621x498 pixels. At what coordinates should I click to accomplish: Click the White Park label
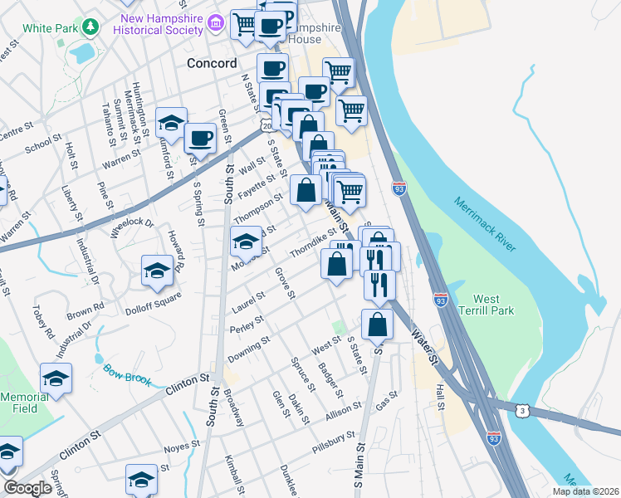click(x=50, y=27)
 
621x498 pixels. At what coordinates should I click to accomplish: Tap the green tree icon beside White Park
click(x=90, y=27)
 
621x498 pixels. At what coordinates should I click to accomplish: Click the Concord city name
click(x=212, y=63)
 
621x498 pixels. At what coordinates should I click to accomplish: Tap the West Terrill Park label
click(x=493, y=305)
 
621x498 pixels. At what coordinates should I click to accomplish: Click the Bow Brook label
click(x=127, y=373)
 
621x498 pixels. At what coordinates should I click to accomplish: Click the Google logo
click(x=27, y=488)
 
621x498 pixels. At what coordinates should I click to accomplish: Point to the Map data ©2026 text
click(x=584, y=491)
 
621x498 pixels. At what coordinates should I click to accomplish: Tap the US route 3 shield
click(x=521, y=410)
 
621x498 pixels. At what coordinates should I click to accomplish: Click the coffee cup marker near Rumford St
click(x=200, y=137)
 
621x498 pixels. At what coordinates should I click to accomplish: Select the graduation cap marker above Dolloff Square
click(x=157, y=270)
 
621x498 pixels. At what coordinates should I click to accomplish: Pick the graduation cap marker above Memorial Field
click(x=56, y=378)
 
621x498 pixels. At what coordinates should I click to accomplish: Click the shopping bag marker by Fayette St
click(x=306, y=189)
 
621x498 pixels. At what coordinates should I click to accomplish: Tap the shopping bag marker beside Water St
click(x=377, y=324)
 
